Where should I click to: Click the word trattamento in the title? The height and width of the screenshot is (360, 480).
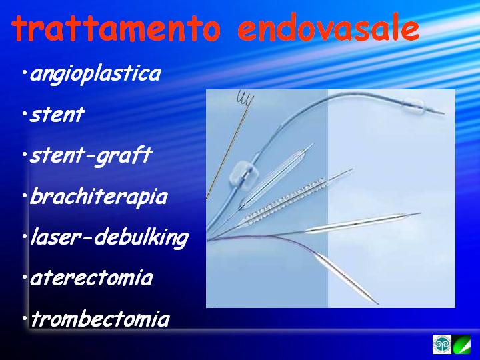(x=116, y=27)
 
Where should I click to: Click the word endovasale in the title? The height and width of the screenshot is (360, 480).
(x=328, y=28)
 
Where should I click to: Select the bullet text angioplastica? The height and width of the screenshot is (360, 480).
(x=95, y=74)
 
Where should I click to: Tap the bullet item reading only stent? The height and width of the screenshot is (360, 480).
(x=57, y=115)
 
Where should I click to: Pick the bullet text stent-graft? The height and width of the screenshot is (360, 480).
(x=91, y=156)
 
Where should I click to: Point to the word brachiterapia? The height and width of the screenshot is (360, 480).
(x=99, y=197)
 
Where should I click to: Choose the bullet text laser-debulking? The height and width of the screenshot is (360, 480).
(x=109, y=237)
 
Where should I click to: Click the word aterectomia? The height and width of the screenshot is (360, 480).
(x=91, y=278)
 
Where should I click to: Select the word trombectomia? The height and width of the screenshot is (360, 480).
(x=100, y=319)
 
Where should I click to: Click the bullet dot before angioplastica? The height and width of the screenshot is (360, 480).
(x=24, y=73)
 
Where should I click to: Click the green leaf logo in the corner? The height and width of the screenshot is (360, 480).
(x=461, y=345)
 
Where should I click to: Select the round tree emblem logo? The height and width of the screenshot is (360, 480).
(x=442, y=345)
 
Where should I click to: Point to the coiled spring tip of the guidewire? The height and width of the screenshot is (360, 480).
(x=245, y=98)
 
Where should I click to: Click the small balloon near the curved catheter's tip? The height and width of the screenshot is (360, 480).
(x=413, y=105)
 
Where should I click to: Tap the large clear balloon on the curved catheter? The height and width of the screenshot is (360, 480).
(x=244, y=175)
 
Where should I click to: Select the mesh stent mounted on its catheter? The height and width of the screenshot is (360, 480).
(x=285, y=201)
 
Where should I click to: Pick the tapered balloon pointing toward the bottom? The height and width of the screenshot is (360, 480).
(x=345, y=278)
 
